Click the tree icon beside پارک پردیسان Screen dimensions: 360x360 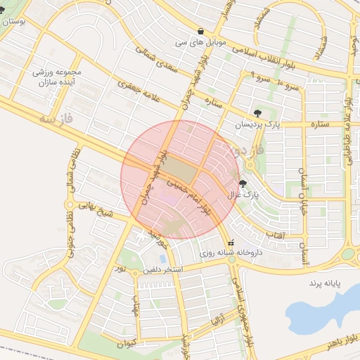[258, 112]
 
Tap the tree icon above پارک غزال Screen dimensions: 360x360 [243, 184]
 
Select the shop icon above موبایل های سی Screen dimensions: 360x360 [202, 32]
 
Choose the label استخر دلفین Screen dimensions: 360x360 [164, 269]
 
